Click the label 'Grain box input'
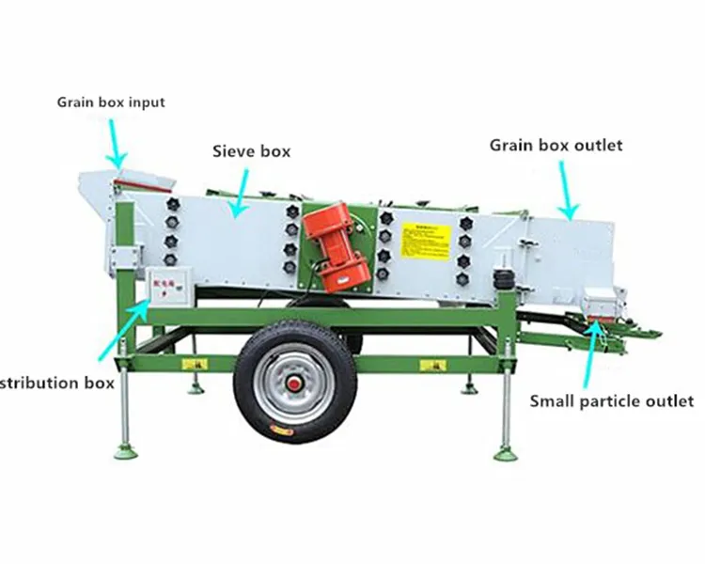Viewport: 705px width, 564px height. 111,102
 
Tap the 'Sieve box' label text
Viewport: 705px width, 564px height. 251,150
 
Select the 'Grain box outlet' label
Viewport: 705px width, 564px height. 556,146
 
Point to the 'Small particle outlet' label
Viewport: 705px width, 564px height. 611,401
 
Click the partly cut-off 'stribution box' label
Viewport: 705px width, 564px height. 57,383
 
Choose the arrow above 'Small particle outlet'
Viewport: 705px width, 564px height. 592,352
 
